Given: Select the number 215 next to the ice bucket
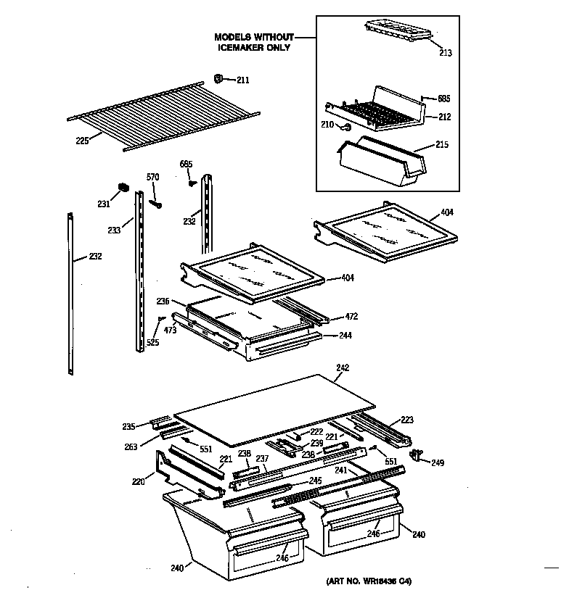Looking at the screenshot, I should (441, 145).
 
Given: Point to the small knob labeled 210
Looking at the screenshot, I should (347, 127).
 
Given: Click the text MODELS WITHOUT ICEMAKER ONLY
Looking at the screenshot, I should (253, 42).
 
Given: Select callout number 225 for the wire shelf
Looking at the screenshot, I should (81, 141).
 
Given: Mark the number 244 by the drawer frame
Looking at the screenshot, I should (345, 336).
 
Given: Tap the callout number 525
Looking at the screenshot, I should (152, 342).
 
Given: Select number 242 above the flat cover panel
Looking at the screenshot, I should (343, 368).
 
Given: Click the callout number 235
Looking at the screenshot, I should (128, 426).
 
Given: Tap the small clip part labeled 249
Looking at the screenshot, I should (417, 455).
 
